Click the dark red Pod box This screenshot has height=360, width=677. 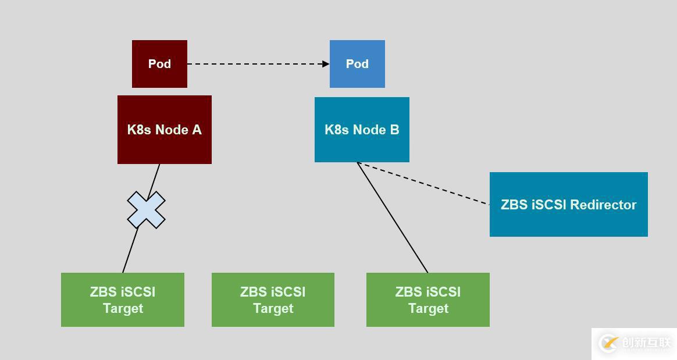pyautogui.click(x=159, y=64)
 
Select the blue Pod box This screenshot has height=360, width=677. pyautogui.click(x=357, y=64)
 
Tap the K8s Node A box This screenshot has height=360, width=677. pyautogui.click(x=165, y=130)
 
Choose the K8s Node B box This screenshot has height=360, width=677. pyautogui.click(x=362, y=130)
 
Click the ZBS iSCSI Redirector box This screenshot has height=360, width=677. pyautogui.click(x=568, y=205)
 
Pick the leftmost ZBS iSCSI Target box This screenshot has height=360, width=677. pyautogui.click(x=123, y=300)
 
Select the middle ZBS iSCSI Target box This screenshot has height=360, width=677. pyautogui.click(x=273, y=300)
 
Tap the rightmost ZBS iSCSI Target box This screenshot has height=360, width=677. pyautogui.click(x=427, y=300)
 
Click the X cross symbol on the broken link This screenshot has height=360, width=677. pyautogui.click(x=146, y=210)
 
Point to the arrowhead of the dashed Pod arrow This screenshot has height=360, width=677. pyautogui.click(x=326, y=64)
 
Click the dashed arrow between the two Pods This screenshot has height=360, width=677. pyautogui.click(x=256, y=64)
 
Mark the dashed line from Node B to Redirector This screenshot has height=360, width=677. pyautogui.click(x=423, y=183)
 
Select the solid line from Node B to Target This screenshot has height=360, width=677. pyautogui.click(x=393, y=218)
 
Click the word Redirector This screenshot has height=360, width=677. pyautogui.click(x=603, y=205)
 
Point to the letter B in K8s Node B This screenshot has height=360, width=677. pyautogui.click(x=394, y=130)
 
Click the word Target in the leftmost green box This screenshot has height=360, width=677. pyautogui.click(x=123, y=308)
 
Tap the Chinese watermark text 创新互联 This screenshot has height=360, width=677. pyautogui.click(x=646, y=343)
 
